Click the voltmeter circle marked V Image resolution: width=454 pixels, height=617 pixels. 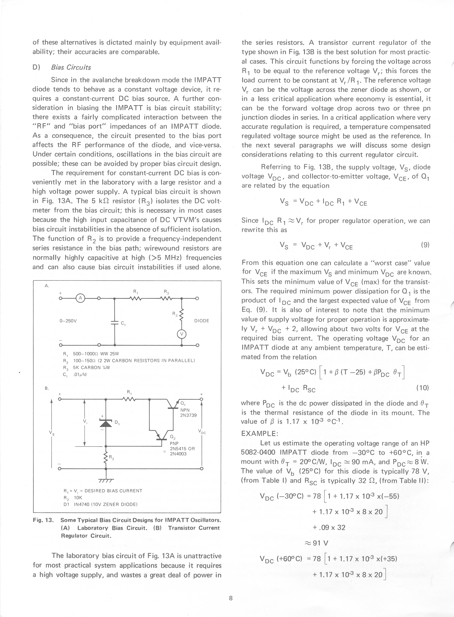(182, 334)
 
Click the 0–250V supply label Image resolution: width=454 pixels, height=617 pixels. (68, 321)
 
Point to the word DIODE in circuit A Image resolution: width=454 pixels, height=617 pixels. (202, 321)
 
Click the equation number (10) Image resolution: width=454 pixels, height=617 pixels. (423, 388)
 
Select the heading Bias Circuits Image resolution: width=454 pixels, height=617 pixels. (71, 67)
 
